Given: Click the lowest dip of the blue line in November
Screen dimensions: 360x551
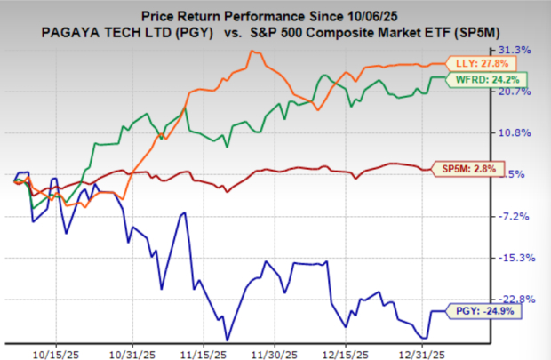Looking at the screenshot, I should click(x=228, y=339).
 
